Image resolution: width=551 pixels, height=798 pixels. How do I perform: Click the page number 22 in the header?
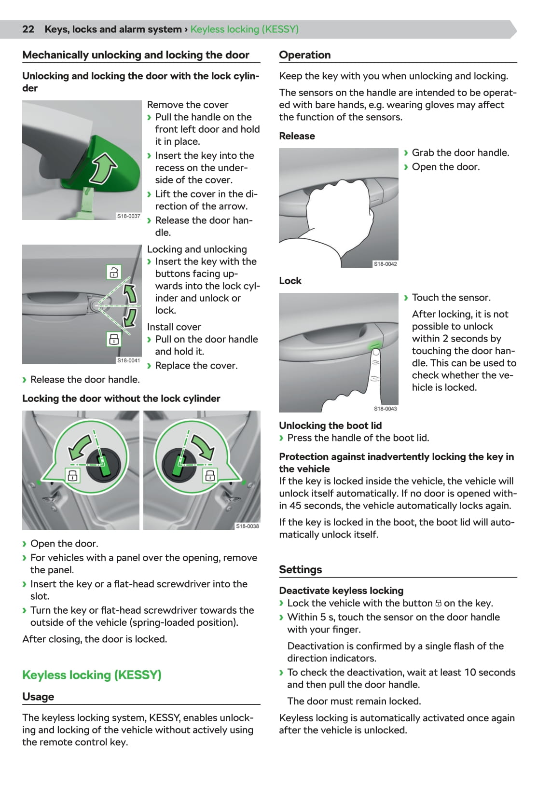point(28,29)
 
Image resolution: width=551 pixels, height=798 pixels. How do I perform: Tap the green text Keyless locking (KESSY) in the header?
point(244,29)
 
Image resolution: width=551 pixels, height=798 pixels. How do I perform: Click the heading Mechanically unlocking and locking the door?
point(136,55)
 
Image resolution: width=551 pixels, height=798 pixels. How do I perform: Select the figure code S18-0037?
point(128,216)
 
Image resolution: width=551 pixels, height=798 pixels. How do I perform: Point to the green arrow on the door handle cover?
point(103,168)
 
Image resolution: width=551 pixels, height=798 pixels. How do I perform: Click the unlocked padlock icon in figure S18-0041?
point(114,272)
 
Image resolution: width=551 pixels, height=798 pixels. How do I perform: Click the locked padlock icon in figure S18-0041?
point(114,339)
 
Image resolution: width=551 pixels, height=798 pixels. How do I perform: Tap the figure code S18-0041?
point(128,360)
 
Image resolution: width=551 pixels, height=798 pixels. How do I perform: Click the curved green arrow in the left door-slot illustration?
point(80,447)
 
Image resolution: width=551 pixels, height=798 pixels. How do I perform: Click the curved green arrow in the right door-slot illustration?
point(204,447)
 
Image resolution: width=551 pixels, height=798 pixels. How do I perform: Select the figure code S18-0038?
point(247,526)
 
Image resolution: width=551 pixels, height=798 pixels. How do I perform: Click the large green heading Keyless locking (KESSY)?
point(92,675)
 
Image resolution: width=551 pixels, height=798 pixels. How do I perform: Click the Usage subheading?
point(38,697)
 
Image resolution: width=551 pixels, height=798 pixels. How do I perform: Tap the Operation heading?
point(305,55)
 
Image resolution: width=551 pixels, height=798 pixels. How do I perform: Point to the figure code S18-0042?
point(386,264)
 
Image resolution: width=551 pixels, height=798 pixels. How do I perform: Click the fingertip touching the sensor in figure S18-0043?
point(375,352)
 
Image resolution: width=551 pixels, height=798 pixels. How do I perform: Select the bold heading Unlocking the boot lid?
point(330,426)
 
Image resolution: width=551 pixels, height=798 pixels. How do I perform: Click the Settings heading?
point(300,569)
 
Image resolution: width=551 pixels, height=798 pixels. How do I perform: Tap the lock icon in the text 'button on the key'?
point(439,603)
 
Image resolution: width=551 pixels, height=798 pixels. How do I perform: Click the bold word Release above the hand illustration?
point(297,136)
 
